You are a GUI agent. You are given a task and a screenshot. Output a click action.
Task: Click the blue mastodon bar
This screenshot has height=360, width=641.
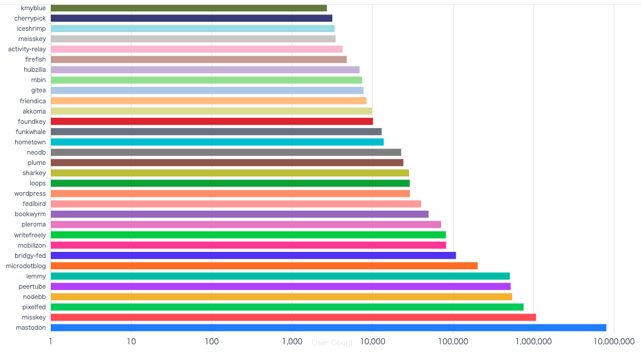coord(328,327)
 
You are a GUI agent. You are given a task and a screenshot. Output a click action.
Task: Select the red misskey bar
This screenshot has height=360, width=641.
coord(293,317)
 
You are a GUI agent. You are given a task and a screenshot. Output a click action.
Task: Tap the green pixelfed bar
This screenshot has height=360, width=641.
coord(287,307)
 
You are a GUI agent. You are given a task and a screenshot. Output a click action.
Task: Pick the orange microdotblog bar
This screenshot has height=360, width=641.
coord(264,266)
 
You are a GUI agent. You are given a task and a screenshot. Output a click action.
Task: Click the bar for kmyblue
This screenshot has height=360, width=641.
coord(188,8)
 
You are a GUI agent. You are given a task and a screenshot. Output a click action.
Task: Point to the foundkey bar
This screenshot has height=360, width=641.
coord(211,121)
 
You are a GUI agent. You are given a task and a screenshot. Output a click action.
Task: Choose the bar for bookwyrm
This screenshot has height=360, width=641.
coord(239,214)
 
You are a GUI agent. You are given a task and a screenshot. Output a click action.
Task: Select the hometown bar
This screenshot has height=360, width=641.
coord(217,142)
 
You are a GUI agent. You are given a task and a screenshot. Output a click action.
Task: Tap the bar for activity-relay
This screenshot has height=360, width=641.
coord(196,50)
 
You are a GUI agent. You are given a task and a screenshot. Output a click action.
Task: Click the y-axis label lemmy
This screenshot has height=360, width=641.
coord(36,276)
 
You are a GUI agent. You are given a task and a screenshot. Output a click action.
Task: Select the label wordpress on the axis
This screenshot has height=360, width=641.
coord(30,193)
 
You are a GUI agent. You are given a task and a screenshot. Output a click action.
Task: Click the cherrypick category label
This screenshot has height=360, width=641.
coord(30,19)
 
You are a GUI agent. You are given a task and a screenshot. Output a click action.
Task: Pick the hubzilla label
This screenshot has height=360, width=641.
coord(34,70)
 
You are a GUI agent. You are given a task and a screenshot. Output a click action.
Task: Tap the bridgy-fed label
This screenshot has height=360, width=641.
coord(30,256)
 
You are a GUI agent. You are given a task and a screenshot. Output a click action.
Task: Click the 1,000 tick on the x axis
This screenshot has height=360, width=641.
coord(292,342)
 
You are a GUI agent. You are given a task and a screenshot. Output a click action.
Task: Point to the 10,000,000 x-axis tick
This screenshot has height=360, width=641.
coord(614,342)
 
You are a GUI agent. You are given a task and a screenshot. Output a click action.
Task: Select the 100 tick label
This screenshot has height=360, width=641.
coord(211,342)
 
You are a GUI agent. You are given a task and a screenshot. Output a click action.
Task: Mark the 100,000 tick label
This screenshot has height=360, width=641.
coord(453,342)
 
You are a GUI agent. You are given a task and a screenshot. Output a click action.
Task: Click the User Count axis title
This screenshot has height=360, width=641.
coord(332,343)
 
